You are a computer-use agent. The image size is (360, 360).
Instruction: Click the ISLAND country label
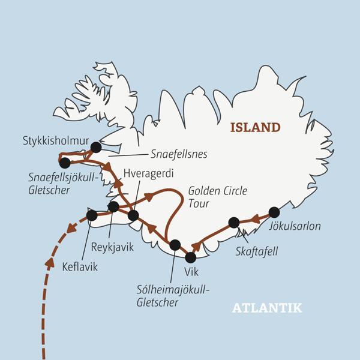256,127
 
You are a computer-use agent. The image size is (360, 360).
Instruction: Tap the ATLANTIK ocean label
267,308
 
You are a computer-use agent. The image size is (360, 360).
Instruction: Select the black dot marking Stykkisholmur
95,147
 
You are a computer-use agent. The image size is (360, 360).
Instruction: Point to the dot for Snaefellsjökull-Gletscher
65,162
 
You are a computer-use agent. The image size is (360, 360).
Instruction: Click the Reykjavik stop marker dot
113,206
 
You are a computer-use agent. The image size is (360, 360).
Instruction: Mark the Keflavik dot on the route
92,215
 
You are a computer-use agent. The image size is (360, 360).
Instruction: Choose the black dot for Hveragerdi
133,215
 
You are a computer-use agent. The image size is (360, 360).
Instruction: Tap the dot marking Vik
191,257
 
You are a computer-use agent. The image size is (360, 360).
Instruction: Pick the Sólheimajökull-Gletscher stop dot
175,245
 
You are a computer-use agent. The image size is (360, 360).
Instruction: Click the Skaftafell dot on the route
234,223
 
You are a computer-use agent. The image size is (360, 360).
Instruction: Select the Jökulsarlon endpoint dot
274,212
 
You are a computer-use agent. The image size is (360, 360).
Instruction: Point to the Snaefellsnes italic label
179,154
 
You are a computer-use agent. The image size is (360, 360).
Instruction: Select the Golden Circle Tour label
218,197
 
